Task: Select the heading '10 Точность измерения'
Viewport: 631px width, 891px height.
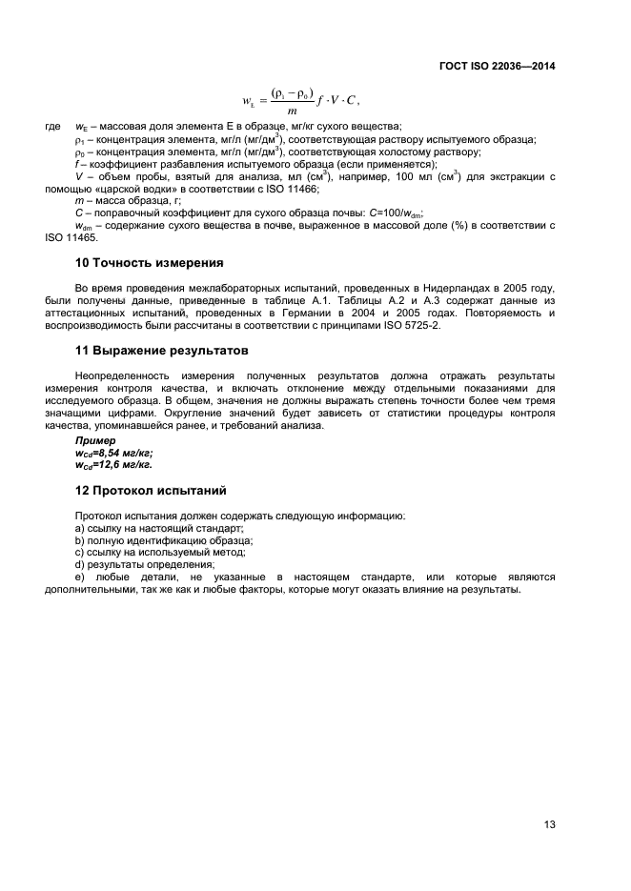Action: coord(149,262)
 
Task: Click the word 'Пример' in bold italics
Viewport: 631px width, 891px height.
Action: coord(96,441)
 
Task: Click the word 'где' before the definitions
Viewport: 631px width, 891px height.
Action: coord(53,128)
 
